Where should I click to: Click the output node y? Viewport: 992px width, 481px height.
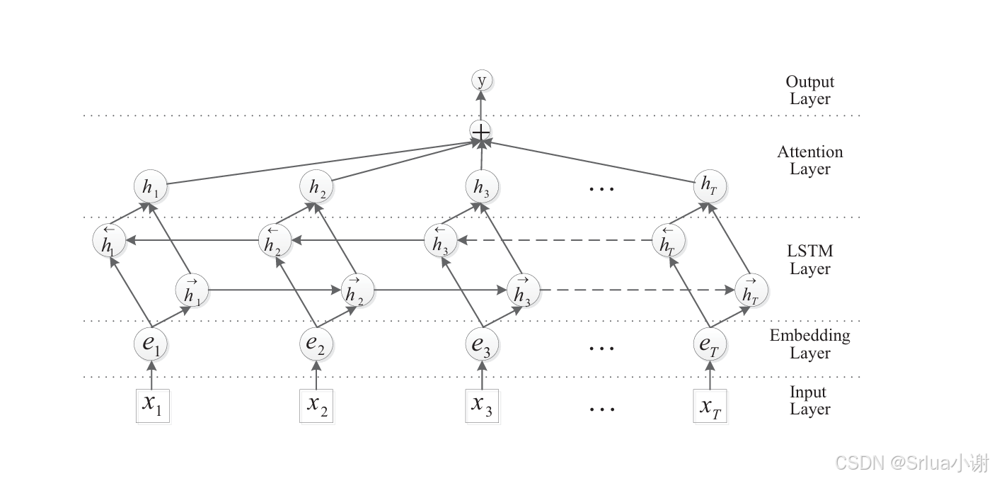pos(481,81)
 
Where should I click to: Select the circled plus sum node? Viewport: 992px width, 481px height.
pos(480,132)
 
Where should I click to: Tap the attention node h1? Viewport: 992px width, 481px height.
pos(150,187)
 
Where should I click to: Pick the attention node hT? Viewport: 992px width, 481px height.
pos(709,187)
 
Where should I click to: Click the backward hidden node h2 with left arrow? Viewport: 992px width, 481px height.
pos(274,241)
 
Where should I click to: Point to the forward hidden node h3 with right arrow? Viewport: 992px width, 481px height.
pos(523,290)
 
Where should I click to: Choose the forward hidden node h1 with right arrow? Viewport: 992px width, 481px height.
pos(192,290)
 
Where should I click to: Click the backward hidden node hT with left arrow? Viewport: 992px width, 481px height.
pos(667,241)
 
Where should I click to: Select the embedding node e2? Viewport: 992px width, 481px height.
pos(316,345)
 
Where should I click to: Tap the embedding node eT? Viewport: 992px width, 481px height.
pos(710,345)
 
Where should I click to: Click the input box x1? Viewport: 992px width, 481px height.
pos(153,406)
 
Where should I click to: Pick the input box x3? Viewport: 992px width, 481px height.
pos(482,406)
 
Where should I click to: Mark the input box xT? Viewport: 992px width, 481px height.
pos(710,406)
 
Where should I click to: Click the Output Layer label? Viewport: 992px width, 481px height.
pos(810,91)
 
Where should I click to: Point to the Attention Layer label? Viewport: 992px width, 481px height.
pos(810,161)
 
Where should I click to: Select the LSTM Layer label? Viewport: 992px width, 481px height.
pos(810,260)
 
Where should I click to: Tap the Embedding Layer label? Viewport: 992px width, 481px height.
pos(810,344)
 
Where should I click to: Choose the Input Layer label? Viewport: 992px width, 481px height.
pos(809,401)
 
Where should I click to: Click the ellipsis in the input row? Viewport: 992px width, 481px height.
pos(601,409)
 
